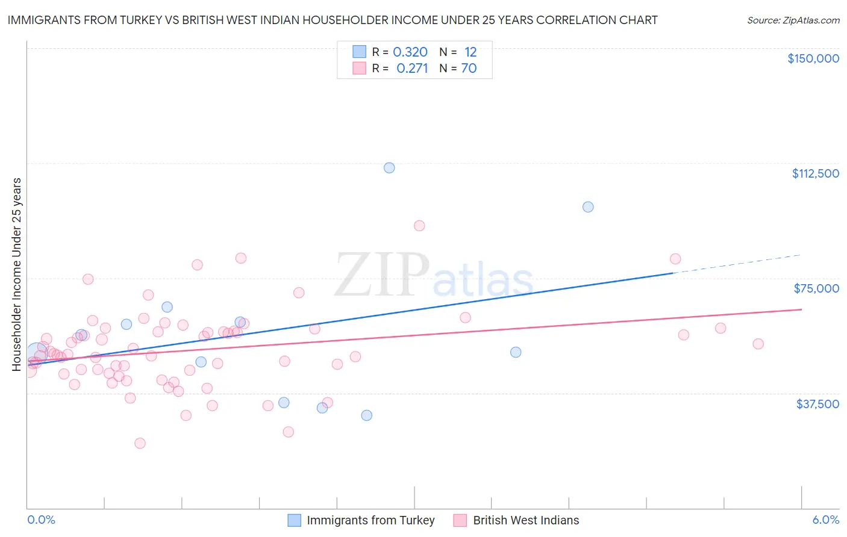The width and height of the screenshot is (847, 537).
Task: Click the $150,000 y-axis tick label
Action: (x=813, y=58)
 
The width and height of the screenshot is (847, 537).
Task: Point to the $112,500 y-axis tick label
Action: (x=815, y=173)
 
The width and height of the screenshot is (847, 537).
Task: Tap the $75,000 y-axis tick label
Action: (x=816, y=288)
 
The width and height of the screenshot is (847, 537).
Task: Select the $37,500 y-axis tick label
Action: (x=817, y=404)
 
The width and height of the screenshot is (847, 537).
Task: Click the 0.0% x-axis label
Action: (x=41, y=520)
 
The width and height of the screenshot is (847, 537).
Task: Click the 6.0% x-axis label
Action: (x=825, y=520)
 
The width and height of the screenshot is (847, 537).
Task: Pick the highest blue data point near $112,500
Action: (x=389, y=168)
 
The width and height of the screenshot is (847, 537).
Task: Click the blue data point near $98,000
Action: (x=588, y=207)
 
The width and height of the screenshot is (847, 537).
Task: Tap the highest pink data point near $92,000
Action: (x=419, y=226)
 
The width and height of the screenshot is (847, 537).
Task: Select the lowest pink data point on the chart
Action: (x=140, y=443)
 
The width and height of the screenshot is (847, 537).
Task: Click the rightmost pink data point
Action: (x=758, y=344)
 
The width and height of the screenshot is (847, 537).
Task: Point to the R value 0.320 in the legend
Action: (x=410, y=52)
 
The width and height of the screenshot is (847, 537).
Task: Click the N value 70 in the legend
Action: (x=469, y=69)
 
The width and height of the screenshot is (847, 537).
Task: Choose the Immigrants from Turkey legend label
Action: (x=370, y=520)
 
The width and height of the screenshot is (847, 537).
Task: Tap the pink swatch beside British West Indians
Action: (x=460, y=520)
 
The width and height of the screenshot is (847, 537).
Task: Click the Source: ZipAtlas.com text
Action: (x=793, y=20)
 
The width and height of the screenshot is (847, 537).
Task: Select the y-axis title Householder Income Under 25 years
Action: (x=17, y=274)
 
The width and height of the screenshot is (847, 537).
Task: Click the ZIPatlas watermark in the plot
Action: (x=434, y=276)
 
